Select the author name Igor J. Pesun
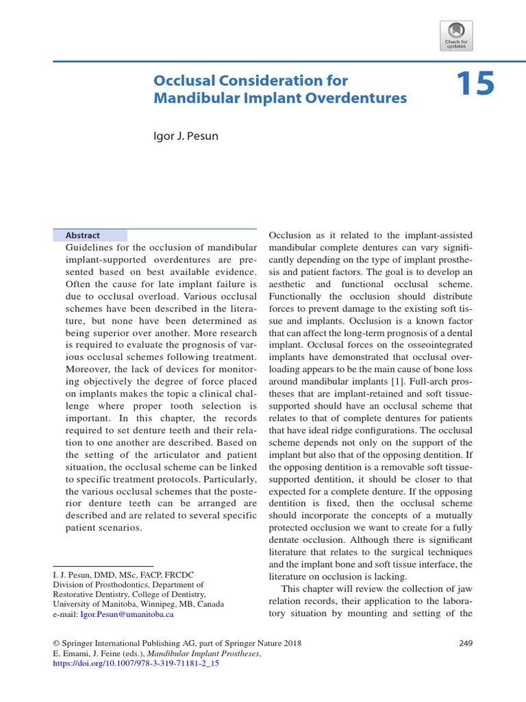pyautogui.click(x=185, y=136)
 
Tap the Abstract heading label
pyautogui.click(x=82, y=234)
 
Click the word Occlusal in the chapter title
pyautogui.click(x=181, y=80)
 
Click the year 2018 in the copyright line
pyautogui.click(x=290, y=643)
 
